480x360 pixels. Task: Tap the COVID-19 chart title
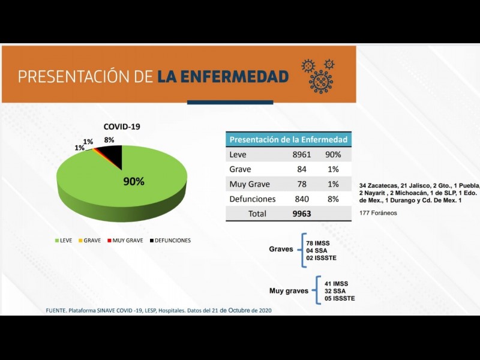click(122, 127)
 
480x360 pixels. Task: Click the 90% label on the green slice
click(134, 181)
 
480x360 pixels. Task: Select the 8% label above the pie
click(109, 140)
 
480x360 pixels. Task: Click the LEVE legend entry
click(64, 241)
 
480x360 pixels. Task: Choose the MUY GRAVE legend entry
click(125, 241)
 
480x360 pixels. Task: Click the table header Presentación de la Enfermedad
click(289, 140)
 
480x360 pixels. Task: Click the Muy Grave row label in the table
click(250, 184)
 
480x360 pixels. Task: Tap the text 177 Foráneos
click(378, 213)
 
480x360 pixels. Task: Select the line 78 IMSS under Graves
click(318, 243)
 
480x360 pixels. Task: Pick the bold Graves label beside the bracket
click(281, 248)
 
